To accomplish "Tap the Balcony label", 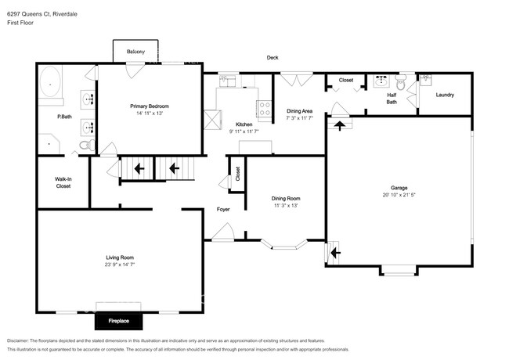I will pos(136,52).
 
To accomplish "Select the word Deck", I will pos(273,58).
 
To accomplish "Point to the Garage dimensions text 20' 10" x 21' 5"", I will pos(399,196).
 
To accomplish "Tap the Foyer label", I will pos(223,210).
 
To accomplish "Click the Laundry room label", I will pos(446,95).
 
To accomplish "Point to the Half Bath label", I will pos(392,99).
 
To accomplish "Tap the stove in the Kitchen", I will pos(265,110).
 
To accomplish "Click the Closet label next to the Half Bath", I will pos(345,80).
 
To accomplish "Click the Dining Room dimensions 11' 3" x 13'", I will pos(286,205).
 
